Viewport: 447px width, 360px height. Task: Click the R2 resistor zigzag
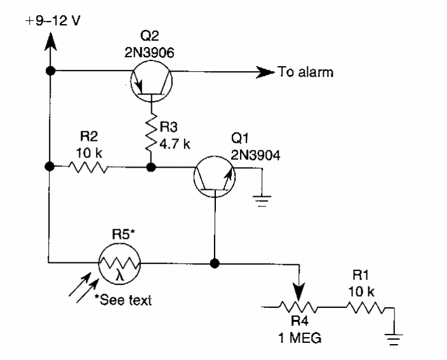click(x=89, y=168)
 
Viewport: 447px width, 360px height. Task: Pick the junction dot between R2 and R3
click(x=151, y=168)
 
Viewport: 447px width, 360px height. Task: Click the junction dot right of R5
click(x=215, y=261)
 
